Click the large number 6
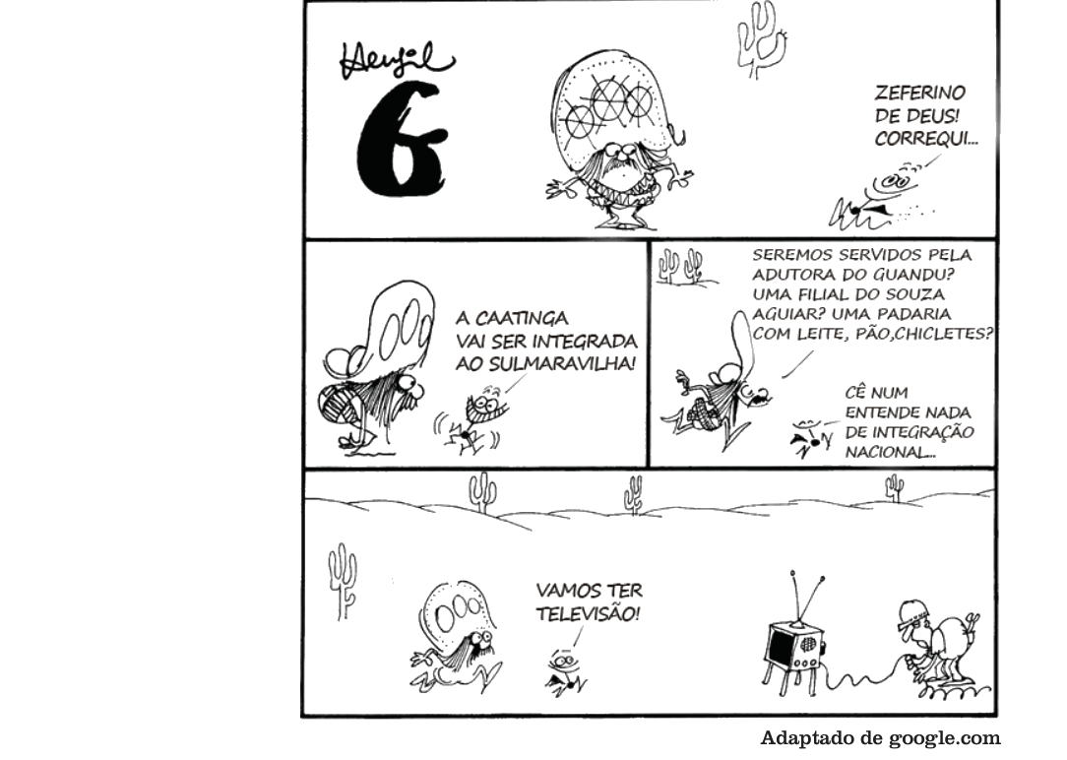coord(402,140)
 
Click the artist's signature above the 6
coord(395,60)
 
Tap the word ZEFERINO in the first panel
coord(920,92)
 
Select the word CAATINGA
coord(512,318)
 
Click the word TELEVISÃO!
coord(588,613)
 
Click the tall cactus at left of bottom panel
coord(343,582)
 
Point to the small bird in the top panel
coord(876,197)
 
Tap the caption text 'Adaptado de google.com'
coord(881,737)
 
